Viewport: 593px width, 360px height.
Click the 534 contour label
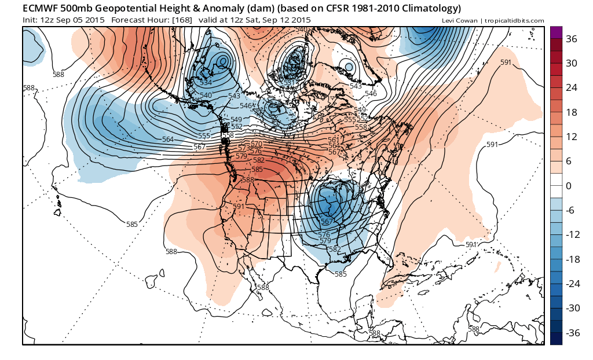206,83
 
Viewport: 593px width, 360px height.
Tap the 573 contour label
243,148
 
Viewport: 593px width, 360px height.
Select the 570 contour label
257,144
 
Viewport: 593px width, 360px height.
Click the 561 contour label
333,140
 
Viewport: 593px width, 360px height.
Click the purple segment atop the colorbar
556,32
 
